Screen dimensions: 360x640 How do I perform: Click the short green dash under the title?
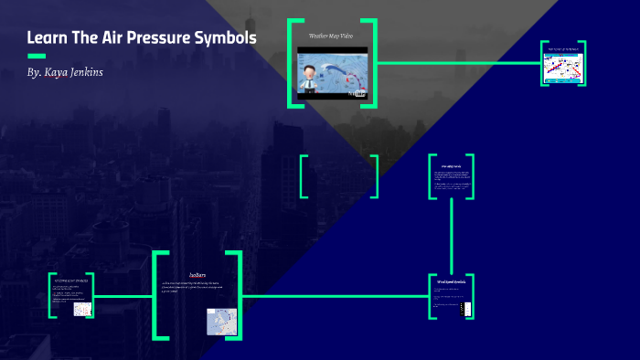click(x=37, y=56)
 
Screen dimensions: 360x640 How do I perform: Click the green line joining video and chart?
click(x=457, y=63)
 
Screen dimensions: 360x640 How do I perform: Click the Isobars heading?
click(x=197, y=274)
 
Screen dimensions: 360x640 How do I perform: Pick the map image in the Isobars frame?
click(x=222, y=321)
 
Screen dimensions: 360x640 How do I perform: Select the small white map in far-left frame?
click(x=82, y=309)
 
